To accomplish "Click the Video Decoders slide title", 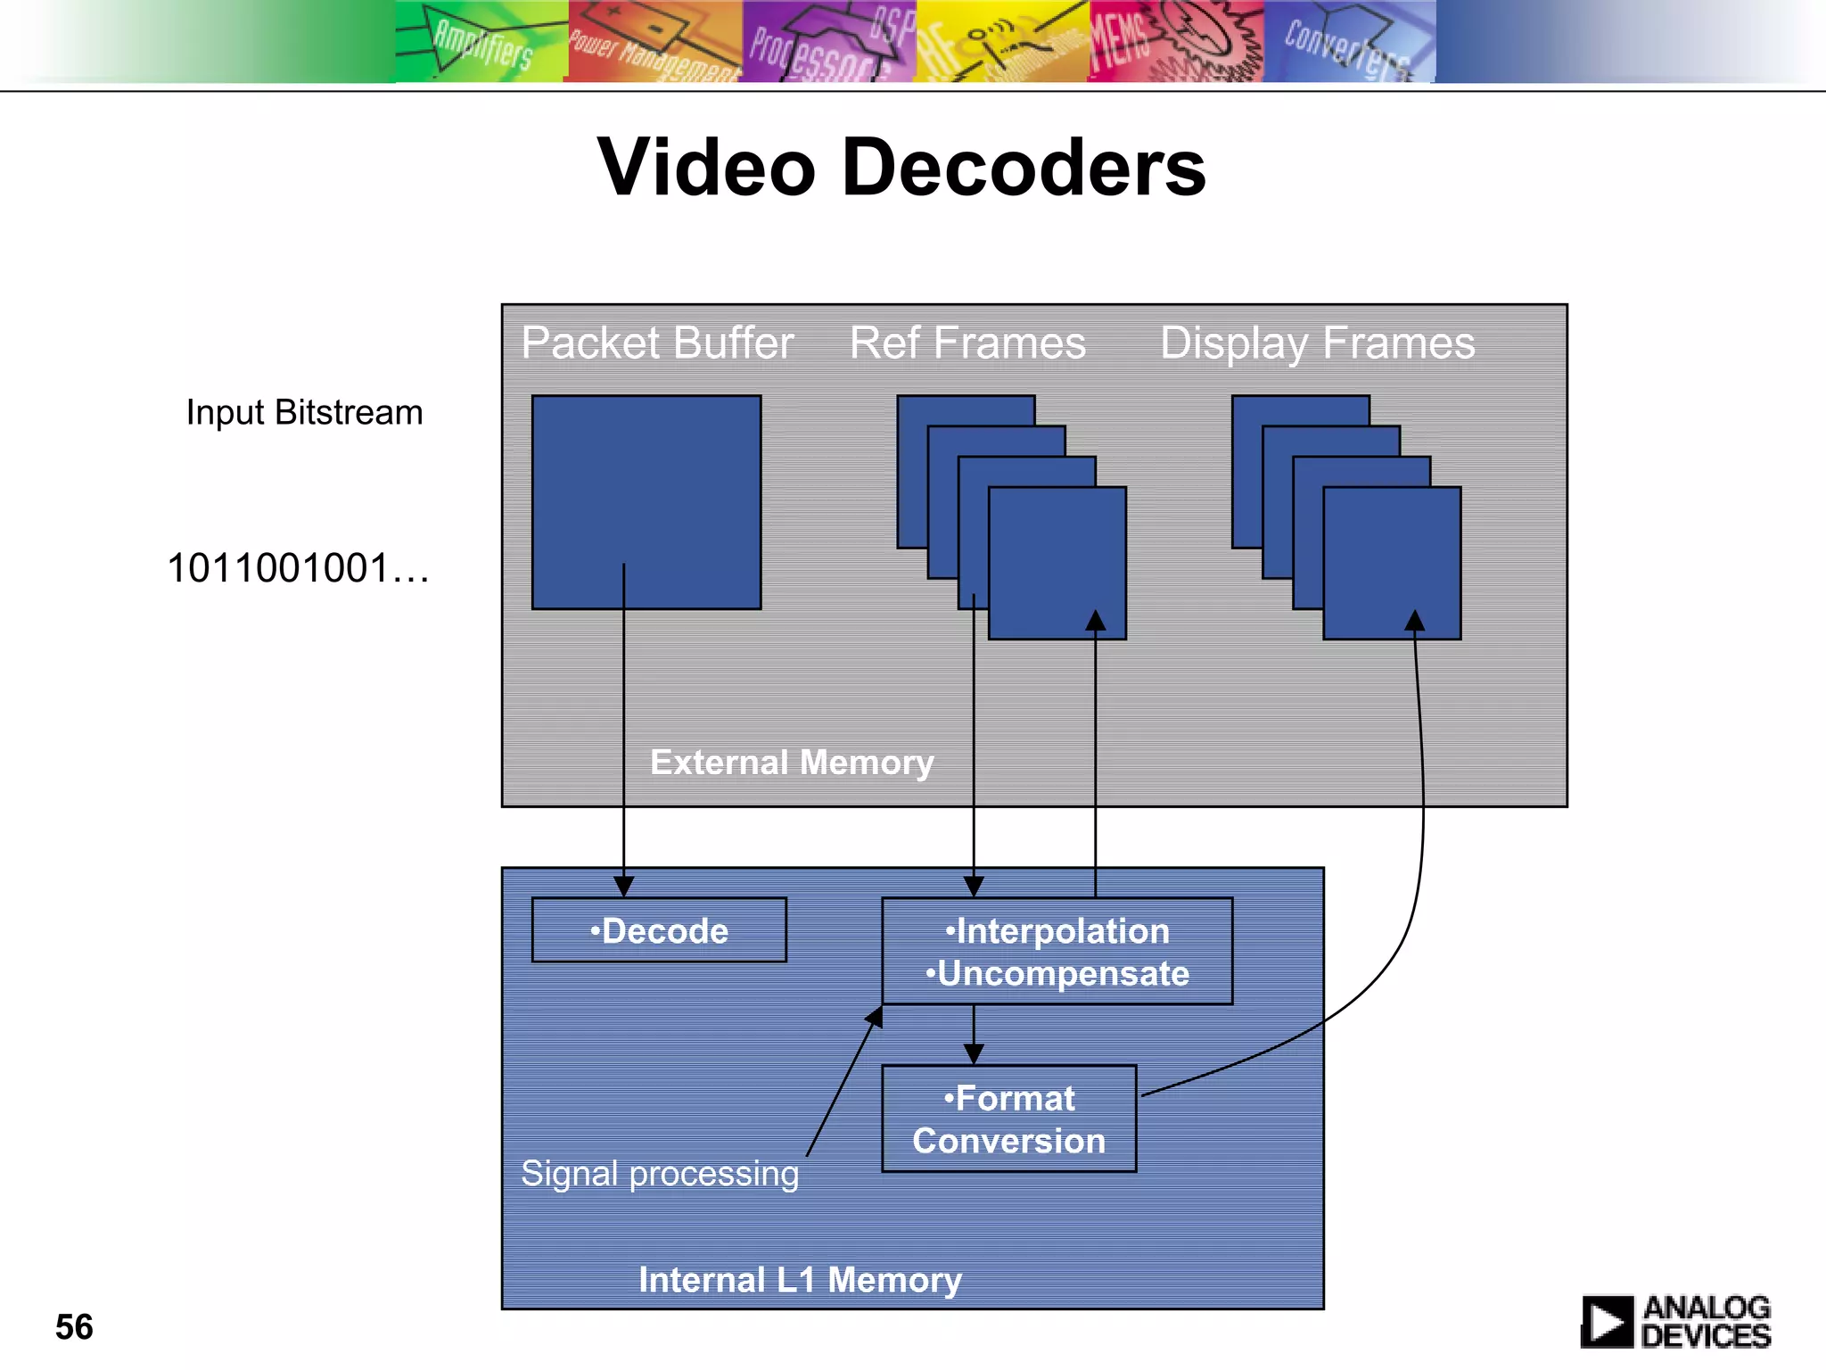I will click(901, 168).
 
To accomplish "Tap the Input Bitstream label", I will click(304, 413).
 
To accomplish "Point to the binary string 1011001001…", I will click(298, 568).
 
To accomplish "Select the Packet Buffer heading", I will click(657, 343).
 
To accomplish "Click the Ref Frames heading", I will click(967, 343).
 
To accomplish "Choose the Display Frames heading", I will click(1317, 343).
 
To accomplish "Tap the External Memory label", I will click(792, 763).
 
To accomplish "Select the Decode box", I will click(659, 930).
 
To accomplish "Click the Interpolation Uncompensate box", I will click(1057, 952).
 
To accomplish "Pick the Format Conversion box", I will click(1008, 1119).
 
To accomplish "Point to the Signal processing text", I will click(660, 1174).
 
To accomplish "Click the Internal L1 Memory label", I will click(800, 1280).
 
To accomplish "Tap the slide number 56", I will click(74, 1327).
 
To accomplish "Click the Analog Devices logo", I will click(1675, 1322).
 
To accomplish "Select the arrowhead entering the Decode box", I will click(624, 887).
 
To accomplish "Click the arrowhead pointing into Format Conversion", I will click(974, 1054).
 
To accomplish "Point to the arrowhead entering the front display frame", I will click(1415, 620).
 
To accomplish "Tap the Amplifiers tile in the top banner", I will click(481, 42).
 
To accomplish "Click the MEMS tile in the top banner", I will click(1175, 42).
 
